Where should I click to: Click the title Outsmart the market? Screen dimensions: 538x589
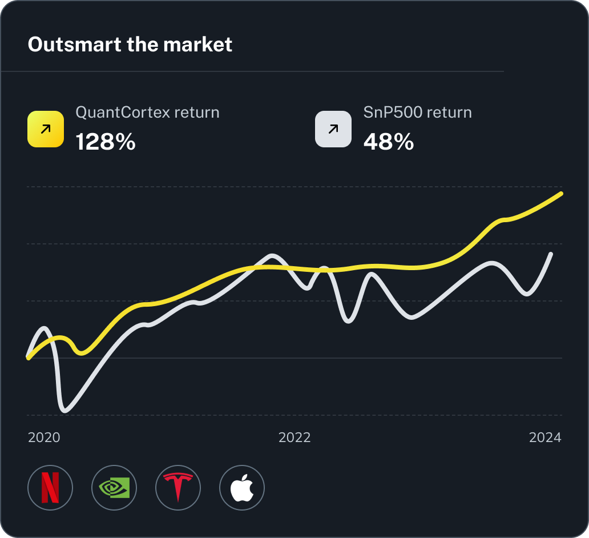click(x=130, y=45)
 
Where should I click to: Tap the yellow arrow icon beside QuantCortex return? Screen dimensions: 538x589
click(x=46, y=129)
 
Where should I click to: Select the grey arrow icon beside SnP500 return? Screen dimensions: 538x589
click(x=333, y=129)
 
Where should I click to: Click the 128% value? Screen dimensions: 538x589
click(x=106, y=142)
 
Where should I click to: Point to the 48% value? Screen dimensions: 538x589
click(x=388, y=142)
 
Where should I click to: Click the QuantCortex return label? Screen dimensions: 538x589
click(x=147, y=112)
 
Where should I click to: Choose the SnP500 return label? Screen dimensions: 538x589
click(x=417, y=112)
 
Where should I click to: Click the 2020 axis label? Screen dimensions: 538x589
click(x=44, y=437)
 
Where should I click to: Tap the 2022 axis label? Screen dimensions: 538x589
click(x=294, y=437)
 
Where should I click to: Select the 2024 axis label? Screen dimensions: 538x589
click(x=545, y=437)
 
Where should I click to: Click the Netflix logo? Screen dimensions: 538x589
click(x=50, y=488)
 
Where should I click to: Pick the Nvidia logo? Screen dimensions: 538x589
click(x=114, y=488)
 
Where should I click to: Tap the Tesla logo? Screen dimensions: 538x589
click(x=178, y=488)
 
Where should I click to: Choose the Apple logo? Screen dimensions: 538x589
click(x=242, y=488)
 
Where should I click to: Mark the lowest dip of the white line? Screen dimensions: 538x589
click(x=64, y=410)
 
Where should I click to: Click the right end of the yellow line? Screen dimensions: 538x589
click(x=562, y=194)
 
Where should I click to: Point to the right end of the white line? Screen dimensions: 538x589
click(x=551, y=254)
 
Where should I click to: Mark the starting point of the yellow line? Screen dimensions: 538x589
click(x=28, y=358)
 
